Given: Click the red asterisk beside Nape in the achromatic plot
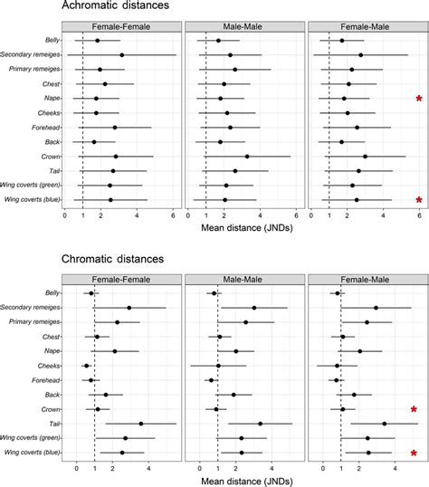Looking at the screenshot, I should tap(418, 99).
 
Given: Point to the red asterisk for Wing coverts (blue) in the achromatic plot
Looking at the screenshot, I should tap(418, 200).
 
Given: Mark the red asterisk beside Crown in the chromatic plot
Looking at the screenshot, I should tap(414, 410).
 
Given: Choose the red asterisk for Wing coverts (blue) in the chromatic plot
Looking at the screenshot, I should tap(414, 453).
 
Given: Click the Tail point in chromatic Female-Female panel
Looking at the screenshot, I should tap(140, 424).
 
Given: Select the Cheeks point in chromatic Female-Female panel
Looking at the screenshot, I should tap(87, 366).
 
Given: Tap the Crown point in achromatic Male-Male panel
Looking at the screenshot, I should tap(246, 157).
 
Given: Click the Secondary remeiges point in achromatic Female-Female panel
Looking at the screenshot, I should tap(122, 55).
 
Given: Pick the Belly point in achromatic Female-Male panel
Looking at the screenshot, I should tap(341, 41).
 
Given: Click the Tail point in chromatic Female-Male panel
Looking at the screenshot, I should tap(384, 424).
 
